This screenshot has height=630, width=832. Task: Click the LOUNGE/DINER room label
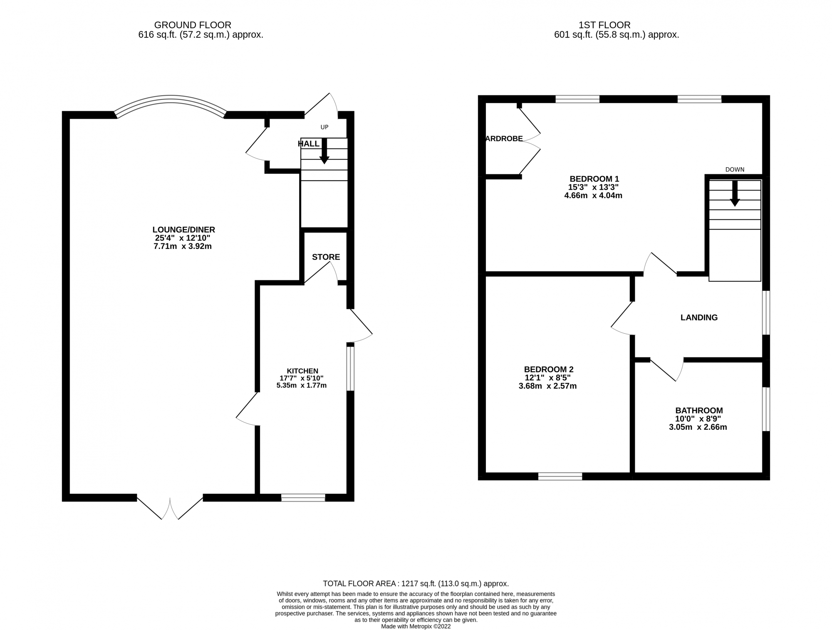[x=183, y=230]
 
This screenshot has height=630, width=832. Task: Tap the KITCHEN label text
[x=302, y=371]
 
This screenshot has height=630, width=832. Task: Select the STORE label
[x=326, y=257]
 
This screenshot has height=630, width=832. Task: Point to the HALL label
[x=309, y=144]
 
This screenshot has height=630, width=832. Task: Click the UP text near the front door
[x=324, y=127]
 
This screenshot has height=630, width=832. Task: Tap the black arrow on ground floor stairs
[x=324, y=151]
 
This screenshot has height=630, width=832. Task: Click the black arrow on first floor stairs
[x=735, y=193]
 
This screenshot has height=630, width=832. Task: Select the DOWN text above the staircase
[x=735, y=169]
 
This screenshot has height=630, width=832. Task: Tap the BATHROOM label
[x=698, y=410]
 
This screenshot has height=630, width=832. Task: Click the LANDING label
[x=699, y=317]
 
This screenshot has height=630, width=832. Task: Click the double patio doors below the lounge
[x=170, y=507]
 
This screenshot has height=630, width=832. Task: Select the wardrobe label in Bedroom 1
[x=504, y=139]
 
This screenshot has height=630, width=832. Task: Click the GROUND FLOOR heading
[x=192, y=25]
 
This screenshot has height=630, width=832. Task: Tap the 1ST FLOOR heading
[x=604, y=25]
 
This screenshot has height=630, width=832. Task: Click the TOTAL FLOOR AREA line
[x=416, y=583]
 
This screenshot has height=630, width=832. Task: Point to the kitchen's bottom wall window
[x=303, y=497]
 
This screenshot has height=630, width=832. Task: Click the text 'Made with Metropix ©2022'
[x=416, y=626]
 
